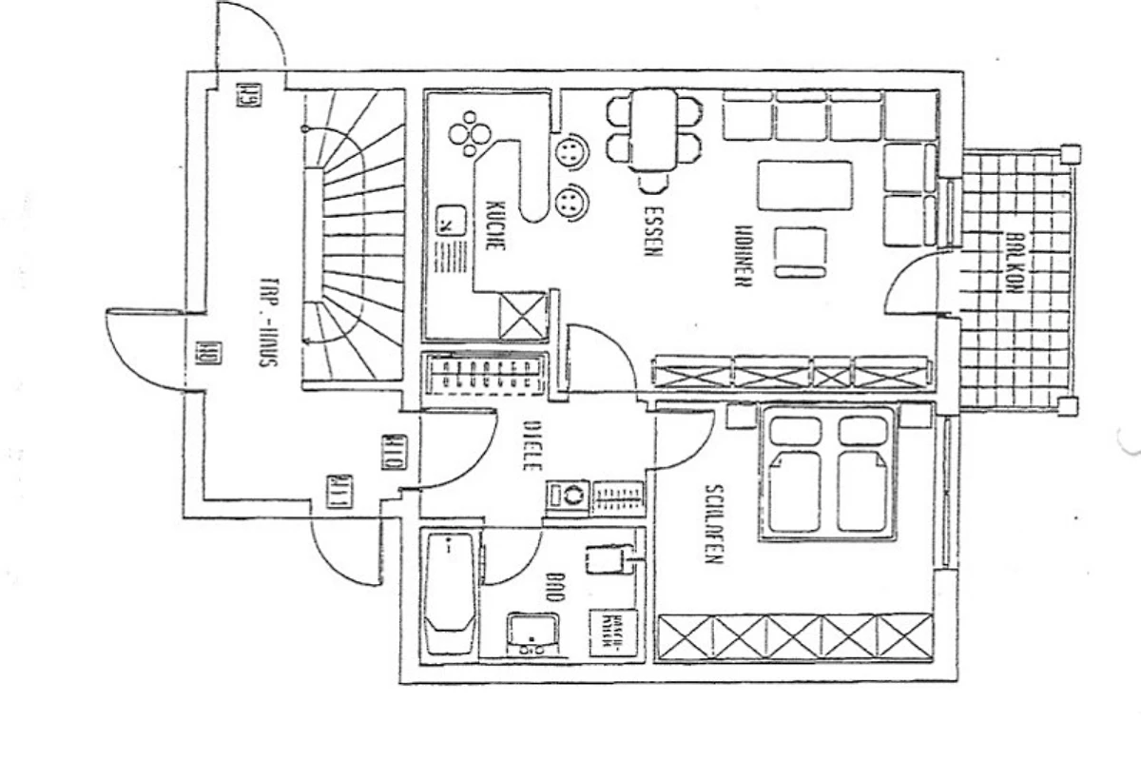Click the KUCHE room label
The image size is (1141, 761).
494,225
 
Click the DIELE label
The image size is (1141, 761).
532,447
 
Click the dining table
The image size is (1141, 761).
653,128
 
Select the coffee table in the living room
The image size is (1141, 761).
804,185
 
